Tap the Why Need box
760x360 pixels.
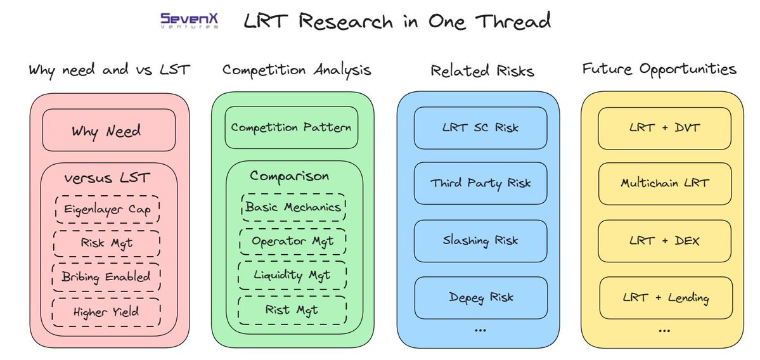click(108, 131)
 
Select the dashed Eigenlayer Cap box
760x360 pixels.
click(106, 210)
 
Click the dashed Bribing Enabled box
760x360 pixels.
click(106, 276)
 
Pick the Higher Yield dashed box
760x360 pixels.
click(106, 311)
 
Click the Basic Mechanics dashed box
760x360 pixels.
click(293, 207)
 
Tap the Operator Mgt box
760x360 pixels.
click(293, 241)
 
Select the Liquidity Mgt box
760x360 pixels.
click(292, 275)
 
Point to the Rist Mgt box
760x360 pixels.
click(292, 309)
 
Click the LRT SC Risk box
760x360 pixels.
click(480, 127)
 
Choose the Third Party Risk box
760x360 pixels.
click(480, 184)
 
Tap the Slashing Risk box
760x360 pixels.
click(480, 241)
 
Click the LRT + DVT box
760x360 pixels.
click(665, 127)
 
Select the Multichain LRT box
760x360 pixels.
click(665, 184)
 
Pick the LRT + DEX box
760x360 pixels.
click(665, 241)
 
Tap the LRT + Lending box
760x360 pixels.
click(665, 297)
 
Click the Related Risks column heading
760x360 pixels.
click(482, 70)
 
